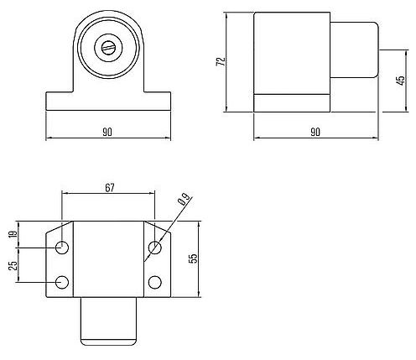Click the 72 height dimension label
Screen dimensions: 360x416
pyautogui.click(x=219, y=62)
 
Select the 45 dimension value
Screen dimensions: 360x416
pyautogui.click(x=403, y=81)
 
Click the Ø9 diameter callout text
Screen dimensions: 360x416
pyautogui.click(x=184, y=201)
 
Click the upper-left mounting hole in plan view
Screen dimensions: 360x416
pyautogui.click(x=63, y=248)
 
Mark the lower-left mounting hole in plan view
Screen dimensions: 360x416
pyautogui.click(x=63, y=281)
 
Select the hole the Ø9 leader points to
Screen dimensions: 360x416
pyautogui.click(x=154, y=248)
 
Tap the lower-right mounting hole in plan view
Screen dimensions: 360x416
pyautogui.click(x=154, y=281)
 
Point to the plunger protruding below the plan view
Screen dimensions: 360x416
pyautogui.click(x=108, y=321)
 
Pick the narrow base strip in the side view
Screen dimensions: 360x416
pyautogui.click(x=290, y=102)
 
